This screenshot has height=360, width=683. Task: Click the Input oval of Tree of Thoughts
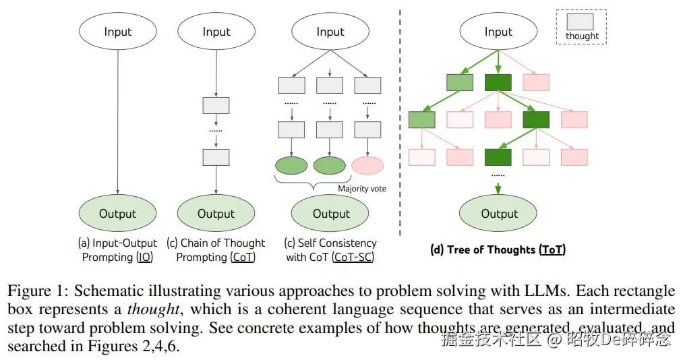(x=498, y=31)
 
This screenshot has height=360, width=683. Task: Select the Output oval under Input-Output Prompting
(x=117, y=213)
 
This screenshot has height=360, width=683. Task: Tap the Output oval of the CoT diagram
(x=216, y=213)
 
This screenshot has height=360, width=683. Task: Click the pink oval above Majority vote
(x=367, y=166)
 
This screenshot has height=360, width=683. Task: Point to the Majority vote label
(x=362, y=189)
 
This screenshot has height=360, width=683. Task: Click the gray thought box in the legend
(x=580, y=22)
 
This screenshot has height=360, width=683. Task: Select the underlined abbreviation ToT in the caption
(x=552, y=250)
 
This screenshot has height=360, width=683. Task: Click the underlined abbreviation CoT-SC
(x=353, y=258)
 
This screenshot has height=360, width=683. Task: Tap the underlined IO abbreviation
(x=144, y=258)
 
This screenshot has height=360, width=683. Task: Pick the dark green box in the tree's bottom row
(x=498, y=157)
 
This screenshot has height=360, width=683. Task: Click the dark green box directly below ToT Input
(x=498, y=82)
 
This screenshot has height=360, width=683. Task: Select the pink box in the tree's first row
(x=536, y=82)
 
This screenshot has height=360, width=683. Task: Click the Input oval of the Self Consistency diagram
(x=330, y=31)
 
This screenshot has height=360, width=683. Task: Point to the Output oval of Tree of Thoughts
(x=498, y=213)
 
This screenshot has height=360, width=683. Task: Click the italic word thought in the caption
(x=153, y=309)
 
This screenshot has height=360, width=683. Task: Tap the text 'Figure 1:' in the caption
(x=38, y=291)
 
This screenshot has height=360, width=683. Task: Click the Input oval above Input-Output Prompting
(x=117, y=31)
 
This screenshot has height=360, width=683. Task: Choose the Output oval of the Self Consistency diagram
(x=330, y=213)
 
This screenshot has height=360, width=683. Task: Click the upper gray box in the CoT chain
(x=216, y=105)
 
